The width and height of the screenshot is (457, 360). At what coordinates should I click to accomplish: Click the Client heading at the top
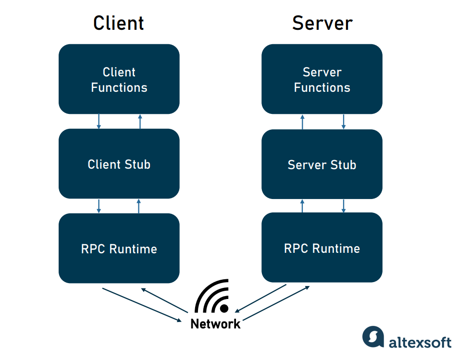click(x=119, y=23)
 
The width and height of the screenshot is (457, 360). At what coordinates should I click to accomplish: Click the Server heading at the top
click(x=322, y=23)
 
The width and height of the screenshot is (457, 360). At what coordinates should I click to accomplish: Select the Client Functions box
click(x=119, y=79)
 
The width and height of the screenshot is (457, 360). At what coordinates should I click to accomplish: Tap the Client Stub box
click(x=119, y=164)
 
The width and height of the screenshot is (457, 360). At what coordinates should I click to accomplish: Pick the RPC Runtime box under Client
click(x=119, y=248)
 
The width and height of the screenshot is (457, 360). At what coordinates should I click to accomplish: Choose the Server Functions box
click(x=322, y=79)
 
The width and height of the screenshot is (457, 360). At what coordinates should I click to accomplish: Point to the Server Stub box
click(x=322, y=164)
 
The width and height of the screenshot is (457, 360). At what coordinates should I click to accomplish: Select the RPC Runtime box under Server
click(x=322, y=248)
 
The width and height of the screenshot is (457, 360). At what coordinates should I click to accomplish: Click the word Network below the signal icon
click(x=215, y=324)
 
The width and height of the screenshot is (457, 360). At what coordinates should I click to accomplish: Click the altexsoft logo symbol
click(x=373, y=336)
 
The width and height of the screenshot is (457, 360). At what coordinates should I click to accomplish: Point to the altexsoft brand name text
click(x=420, y=342)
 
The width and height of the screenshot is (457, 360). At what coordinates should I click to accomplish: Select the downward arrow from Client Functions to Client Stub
click(x=99, y=121)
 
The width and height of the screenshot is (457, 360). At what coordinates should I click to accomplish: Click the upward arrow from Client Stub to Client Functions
click(x=140, y=121)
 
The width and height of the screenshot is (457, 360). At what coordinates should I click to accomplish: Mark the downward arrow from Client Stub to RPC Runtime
click(x=99, y=206)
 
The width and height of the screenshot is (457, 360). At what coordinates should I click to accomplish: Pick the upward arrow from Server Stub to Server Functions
click(x=302, y=122)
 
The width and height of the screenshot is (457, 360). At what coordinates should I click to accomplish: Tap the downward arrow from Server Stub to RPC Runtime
click(x=343, y=206)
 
